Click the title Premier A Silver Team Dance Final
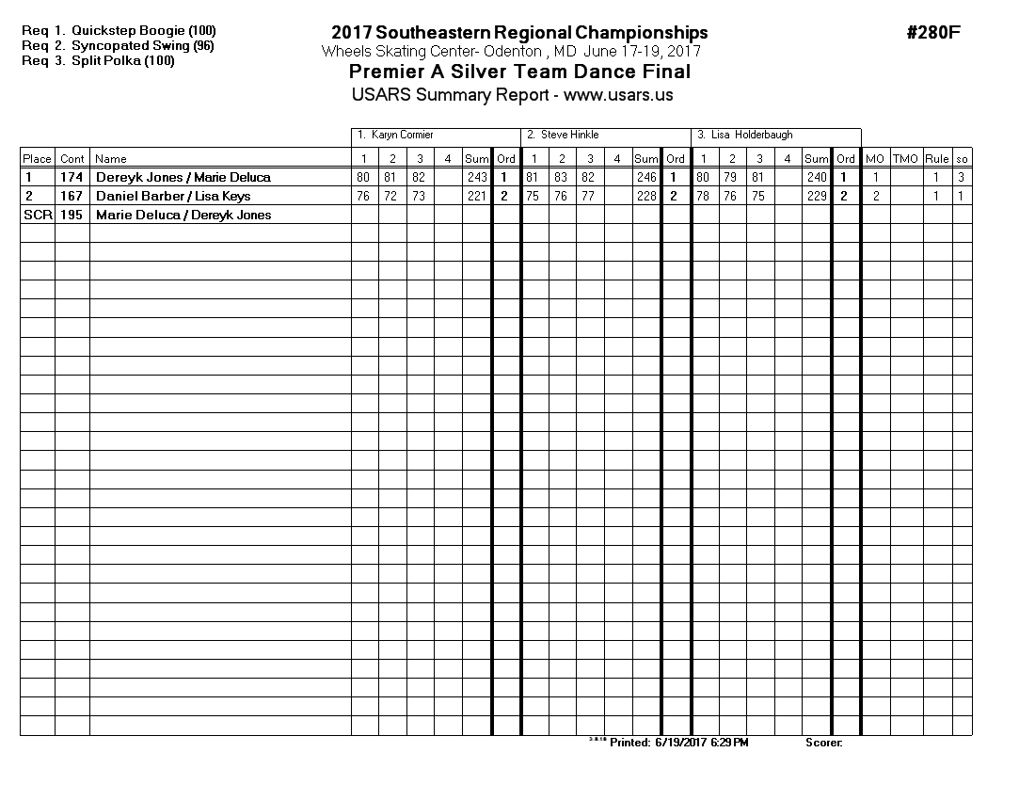point(519,72)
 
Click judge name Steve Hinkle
point(569,136)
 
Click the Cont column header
point(72,159)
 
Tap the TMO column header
point(905,159)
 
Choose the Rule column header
point(936,159)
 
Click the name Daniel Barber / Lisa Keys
point(173,197)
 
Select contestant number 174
point(72,178)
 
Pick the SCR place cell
point(37,216)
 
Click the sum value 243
point(477,178)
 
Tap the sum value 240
point(817,178)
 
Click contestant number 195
point(72,216)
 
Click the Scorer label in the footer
point(823,743)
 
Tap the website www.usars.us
point(618,95)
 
